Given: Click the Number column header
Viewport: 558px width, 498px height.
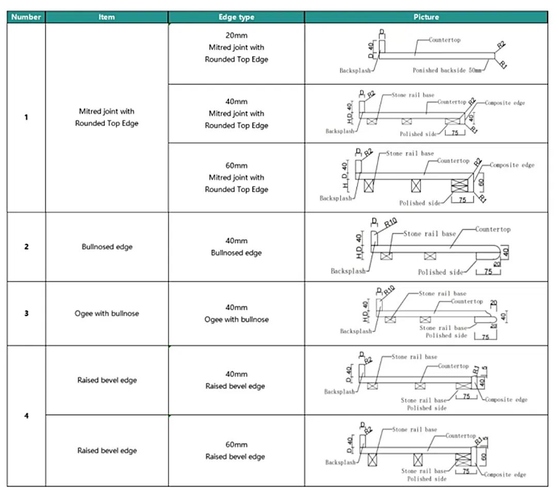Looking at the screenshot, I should pos(26,17).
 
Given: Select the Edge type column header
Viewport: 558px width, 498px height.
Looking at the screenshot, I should pos(236,17).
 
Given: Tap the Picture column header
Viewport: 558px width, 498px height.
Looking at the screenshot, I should pos(426,17).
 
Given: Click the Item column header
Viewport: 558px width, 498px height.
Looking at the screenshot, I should pos(106,17).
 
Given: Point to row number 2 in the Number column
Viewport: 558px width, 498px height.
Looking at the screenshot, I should pos(26,247).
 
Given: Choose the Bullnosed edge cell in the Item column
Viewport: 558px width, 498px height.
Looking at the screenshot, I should pos(107,247).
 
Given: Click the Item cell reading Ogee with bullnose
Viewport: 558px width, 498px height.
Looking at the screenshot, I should pos(107,313).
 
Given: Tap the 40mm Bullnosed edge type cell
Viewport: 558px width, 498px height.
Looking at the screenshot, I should pos(236,247).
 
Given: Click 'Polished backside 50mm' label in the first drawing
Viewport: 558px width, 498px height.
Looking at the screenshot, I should pos(446,70).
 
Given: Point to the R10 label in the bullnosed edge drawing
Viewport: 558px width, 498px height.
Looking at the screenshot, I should pos(391,223).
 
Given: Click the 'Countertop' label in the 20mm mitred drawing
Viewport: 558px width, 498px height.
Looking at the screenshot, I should pos(444,40).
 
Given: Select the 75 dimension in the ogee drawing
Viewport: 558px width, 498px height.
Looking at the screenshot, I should pos(485,337).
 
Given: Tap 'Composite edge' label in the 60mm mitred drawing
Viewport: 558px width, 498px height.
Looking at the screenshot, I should pos(512,165).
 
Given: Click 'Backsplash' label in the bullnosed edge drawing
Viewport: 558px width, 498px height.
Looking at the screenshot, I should pos(348,271).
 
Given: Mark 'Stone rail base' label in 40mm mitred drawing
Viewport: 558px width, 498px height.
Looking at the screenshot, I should pos(413,95).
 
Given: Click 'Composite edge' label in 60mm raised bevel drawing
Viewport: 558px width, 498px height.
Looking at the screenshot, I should pos(505,474).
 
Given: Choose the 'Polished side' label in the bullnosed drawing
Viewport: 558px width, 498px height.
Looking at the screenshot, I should pos(439,272).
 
